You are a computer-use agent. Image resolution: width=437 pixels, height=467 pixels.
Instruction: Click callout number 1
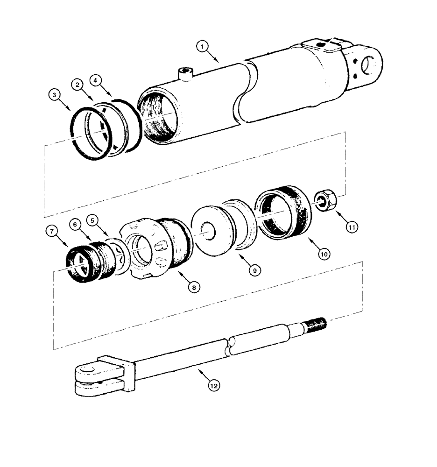pos(202,46)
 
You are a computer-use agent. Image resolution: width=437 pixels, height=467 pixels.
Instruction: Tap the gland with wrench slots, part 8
pos(149,252)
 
